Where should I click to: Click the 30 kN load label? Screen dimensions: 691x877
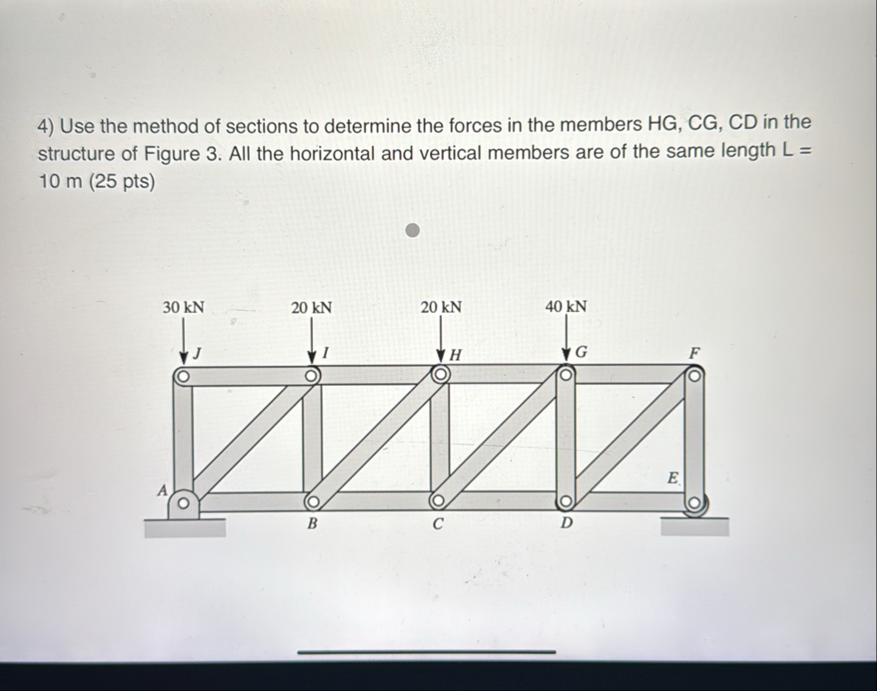point(184,307)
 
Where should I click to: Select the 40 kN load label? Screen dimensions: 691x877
point(566,307)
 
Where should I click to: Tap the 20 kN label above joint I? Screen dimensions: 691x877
point(312,307)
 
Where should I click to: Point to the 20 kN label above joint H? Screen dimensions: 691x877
point(441,307)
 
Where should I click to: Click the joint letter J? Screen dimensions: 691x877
point(198,355)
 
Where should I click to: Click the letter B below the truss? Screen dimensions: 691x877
point(312,523)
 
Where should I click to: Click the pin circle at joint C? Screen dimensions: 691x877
point(438,501)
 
